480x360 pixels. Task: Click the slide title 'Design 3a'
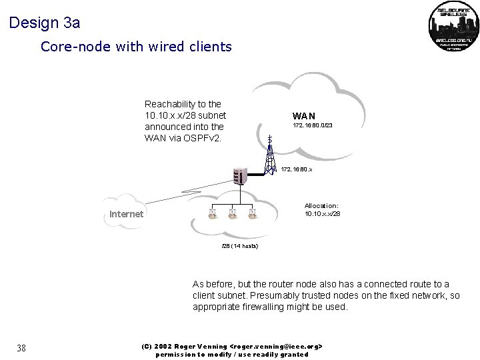point(45,23)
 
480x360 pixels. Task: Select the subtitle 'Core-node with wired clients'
point(136,47)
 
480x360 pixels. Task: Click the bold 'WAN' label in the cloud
point(304,116)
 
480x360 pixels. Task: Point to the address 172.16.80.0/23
point(313,126)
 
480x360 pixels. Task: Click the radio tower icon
point(269,155)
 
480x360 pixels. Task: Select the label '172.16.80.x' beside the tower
point(297,169)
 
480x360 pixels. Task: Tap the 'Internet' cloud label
point(126,214)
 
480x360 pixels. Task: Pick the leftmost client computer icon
point(213,213)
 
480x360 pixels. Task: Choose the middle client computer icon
point(233,213)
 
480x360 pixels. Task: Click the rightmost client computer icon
point(253,213)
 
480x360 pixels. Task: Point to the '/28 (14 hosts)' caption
point(239,246)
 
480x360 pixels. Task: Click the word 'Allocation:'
point(321,205)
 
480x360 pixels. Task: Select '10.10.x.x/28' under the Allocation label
point(322,213)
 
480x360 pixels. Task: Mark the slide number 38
point(21,347)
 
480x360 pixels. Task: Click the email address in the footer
point(277,347)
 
